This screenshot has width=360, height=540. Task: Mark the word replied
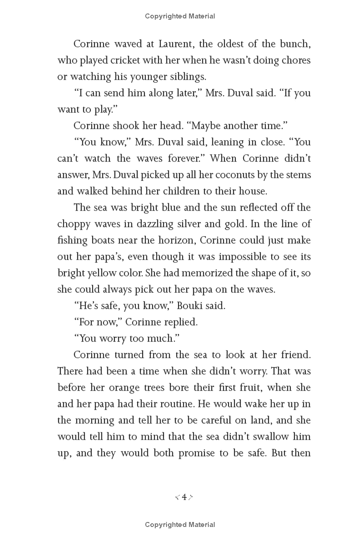[x=181, y=322]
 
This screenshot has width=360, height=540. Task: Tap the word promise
[x=197, y=453]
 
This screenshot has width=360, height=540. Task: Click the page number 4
[x=184, y=497]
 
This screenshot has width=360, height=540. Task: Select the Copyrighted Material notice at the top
[x=180, y=16]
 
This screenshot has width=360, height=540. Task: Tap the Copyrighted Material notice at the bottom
[x=180, y=525]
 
